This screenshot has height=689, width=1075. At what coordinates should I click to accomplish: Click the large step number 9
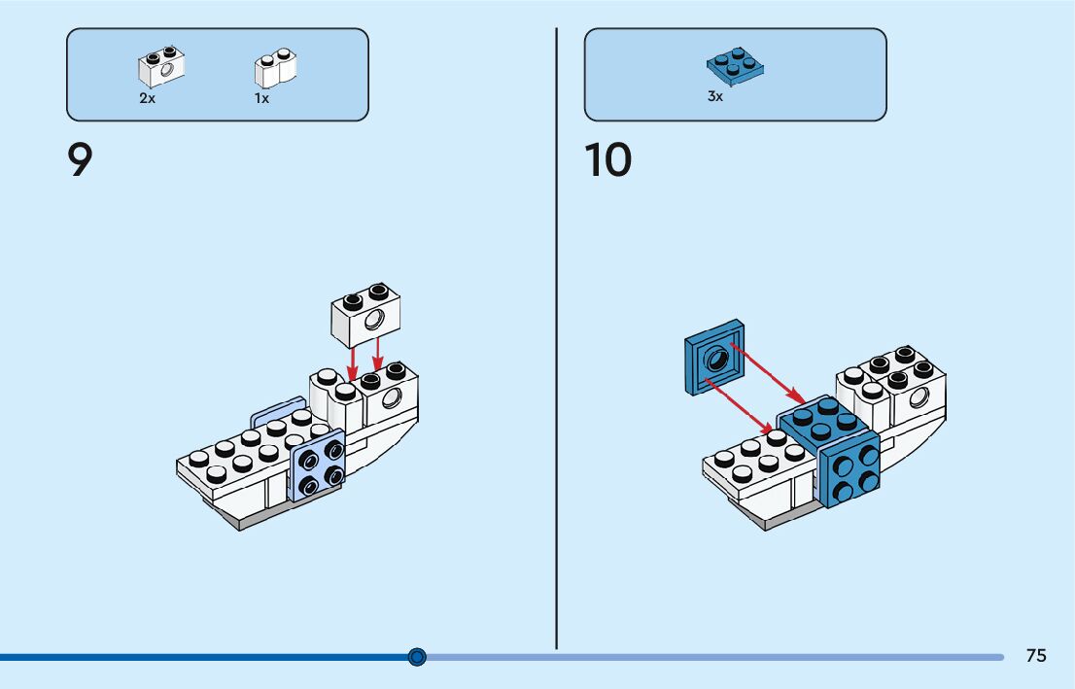[80, 160]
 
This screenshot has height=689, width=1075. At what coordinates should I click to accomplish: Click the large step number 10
[608, 160]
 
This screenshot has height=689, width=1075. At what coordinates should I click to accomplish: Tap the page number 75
[1036, 656]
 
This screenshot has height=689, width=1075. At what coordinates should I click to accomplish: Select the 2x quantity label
[147, 98]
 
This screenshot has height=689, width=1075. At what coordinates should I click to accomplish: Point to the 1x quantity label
[261, 98]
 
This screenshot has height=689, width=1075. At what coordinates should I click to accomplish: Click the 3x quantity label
[715, 96]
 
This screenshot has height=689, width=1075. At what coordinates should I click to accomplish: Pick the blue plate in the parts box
[736, 65]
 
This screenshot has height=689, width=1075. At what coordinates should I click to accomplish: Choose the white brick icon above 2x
[161, 67]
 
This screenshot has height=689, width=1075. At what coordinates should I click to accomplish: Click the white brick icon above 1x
[276, 68]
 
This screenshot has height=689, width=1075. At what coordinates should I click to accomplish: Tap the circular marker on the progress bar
[417, 657]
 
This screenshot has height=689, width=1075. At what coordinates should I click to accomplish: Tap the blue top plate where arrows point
[820, 420]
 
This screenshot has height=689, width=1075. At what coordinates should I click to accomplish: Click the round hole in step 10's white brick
[917, 396]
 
